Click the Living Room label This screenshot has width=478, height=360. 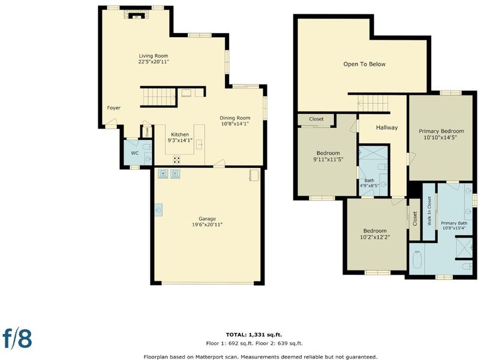pos(154,56)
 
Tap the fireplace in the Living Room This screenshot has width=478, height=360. pos(136,14)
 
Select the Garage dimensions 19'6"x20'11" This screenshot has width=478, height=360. pos(208,224)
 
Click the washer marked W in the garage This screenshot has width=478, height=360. pos(163,173)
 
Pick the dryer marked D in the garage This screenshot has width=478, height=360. pos(175,173)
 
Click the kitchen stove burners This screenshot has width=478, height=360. pos(176,159)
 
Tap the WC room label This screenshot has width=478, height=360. pos(135,153)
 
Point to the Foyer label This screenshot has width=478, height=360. pos(114,107)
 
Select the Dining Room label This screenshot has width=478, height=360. pos(235,118)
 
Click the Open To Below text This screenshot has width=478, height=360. pos(364,64)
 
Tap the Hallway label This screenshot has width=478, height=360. pos(387,128)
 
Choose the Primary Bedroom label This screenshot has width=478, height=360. pos(441,131)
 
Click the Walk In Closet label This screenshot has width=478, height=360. pos(429,211)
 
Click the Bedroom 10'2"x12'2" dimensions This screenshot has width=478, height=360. pos(375,237)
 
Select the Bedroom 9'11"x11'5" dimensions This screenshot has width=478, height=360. pos(328,159)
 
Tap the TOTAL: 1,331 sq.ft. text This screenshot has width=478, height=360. pos(251,335)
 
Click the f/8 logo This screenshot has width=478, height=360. pos(17,338)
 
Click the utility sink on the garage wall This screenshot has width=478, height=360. pos(158,210)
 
